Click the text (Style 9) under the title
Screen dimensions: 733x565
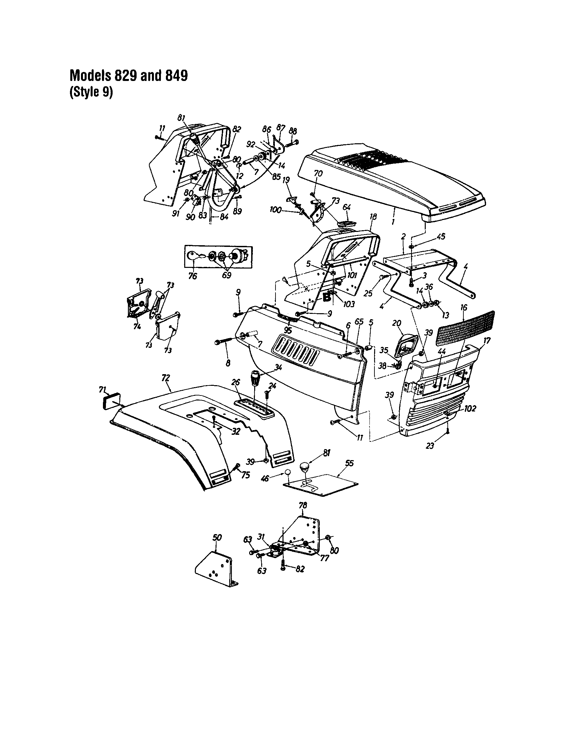[x=91, y=92]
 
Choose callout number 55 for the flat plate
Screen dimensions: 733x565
[x=349, y=463]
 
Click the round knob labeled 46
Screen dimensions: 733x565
[x=288, y=472]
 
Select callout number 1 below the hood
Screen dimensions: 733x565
[x=393, y=222]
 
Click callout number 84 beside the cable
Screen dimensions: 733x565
[x=224, y=217]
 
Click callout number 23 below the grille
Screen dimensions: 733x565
[x=430, y=446]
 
